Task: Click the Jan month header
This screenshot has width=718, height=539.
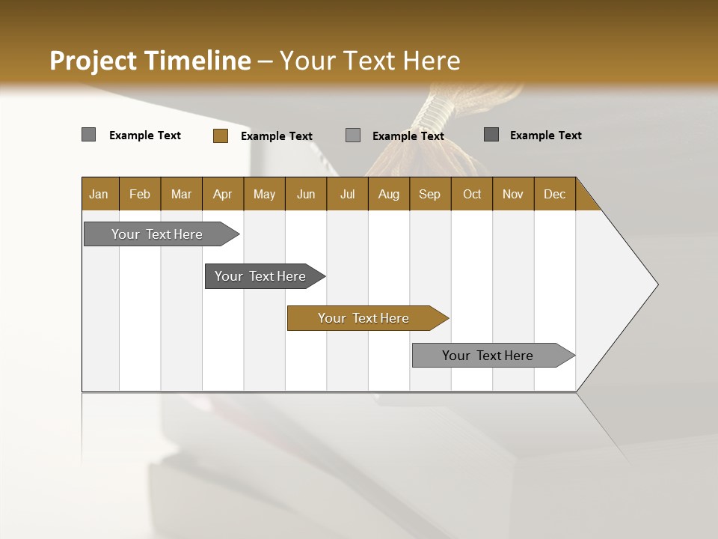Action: (x=99, y=194)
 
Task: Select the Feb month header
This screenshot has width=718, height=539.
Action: (x=140, y=194)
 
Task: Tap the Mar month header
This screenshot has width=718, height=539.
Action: (x=181, y=194)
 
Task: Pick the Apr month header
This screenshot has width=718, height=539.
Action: (x=223, y=194)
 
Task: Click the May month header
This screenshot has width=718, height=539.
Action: (x=264, y=194)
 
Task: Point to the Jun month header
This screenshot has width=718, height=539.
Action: (x=306, y=194)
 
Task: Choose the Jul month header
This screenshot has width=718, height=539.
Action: (x=347, y=194)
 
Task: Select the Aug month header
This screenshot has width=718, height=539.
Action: (x=389, y=194)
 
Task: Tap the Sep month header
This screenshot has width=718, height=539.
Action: (x=430, y=194)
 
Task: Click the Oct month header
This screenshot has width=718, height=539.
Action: (x=472, y=194)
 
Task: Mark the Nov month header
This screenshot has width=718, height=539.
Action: (x=513, y=194)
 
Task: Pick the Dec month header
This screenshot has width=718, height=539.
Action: (x=555, y=194)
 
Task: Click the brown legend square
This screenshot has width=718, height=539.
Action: (x=221, y=135)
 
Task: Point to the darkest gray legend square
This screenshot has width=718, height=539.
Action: (x=491, y=135)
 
